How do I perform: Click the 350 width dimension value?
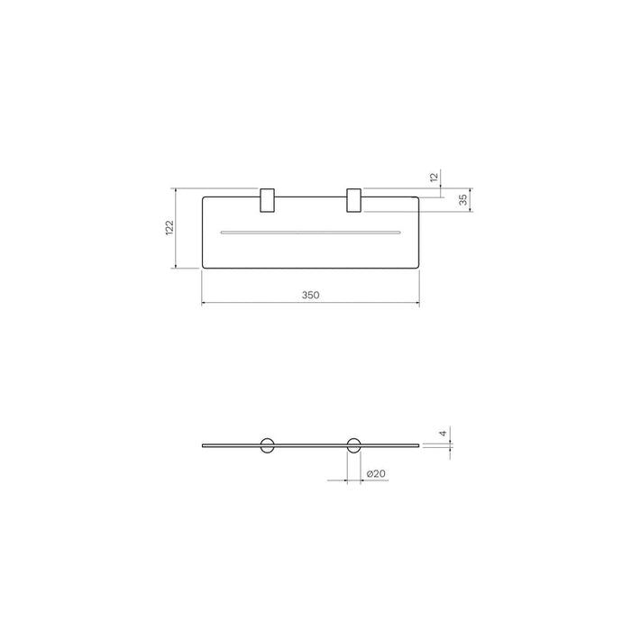coord(311,295)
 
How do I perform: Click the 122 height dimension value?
coord(169,228)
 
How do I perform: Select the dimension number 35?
coord(463,200)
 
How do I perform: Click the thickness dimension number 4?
coord(442,434)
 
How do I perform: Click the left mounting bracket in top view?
coord(267,201)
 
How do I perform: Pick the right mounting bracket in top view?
coord(354,201)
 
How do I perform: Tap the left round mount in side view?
coord(267,444)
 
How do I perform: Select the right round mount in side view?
coord(354,444)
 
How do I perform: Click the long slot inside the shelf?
coord(310,233)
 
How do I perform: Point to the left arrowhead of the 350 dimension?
coord(203,303)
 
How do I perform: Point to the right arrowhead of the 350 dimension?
coord(417,303)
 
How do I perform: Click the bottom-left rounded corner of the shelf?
coord(205,266)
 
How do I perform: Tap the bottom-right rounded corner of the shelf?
coord(416,266)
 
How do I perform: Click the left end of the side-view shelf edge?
coord(203,444)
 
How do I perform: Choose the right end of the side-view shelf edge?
coord(418,444)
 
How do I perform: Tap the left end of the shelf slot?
coord(222,233)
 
